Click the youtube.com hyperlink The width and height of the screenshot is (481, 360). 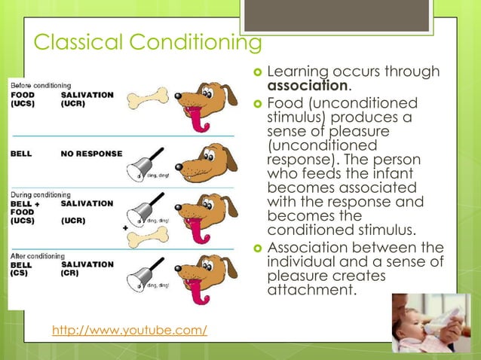(129, 330)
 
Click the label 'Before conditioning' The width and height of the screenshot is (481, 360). (41, 86)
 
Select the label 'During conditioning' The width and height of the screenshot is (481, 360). (41, 194)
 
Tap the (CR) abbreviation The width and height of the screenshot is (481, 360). (71, 274)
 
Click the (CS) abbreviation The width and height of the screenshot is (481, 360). (20, 274)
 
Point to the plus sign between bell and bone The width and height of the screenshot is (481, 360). (124, 227)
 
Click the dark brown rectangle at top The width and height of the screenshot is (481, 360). (347, 16)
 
